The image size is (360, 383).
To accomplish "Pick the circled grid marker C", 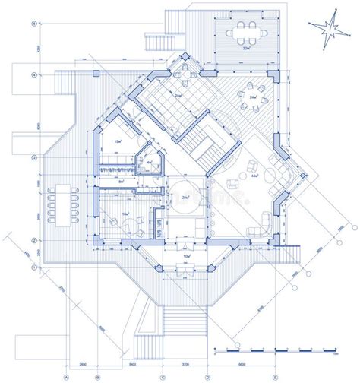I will click(x=163, y=378).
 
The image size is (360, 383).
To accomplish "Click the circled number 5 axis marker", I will click(x=33, y=24).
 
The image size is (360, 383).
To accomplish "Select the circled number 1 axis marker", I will click(x=33, y=268).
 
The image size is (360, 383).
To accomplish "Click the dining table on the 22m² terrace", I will click(x=245, y=33).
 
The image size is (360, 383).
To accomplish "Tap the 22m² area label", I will click(x=245, y=49).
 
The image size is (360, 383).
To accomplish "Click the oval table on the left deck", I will click(x=62, y=202).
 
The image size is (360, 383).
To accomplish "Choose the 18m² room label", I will click(x=124, y=215).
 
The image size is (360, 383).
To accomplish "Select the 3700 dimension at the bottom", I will click(x=185, y=366).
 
